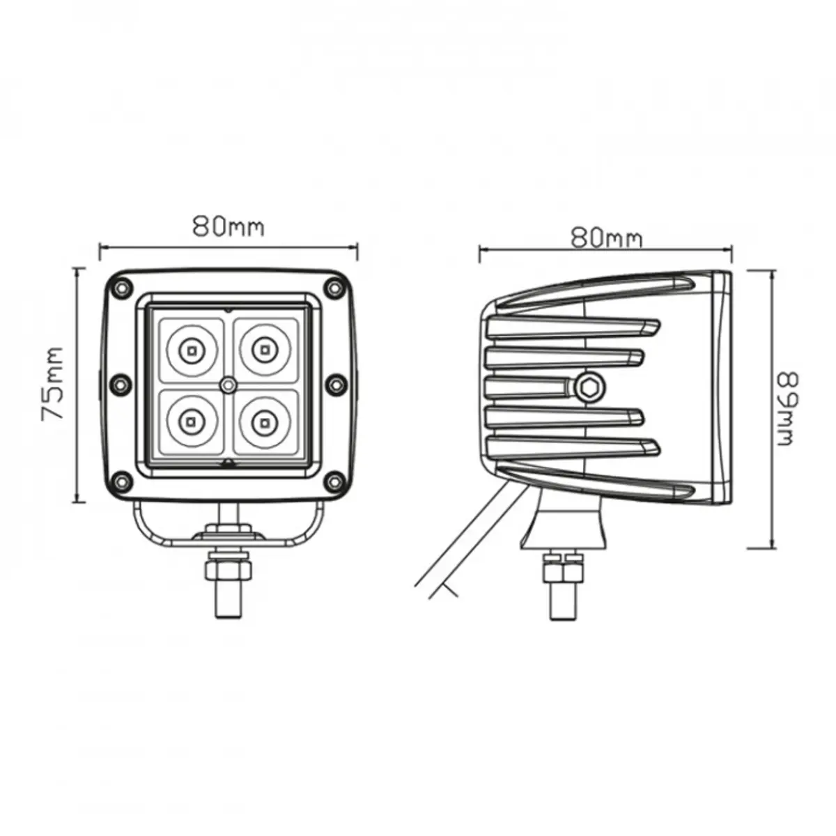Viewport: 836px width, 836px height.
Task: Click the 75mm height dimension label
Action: pos(53,383)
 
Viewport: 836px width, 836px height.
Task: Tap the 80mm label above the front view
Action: pos(229,226)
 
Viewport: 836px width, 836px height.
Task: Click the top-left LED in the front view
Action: pos(191,350)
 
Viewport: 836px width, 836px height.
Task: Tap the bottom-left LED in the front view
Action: pos(190,421)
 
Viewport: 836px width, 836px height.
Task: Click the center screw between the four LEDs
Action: pos(227,385)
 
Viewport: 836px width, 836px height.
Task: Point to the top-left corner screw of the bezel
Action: pos(121,287)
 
